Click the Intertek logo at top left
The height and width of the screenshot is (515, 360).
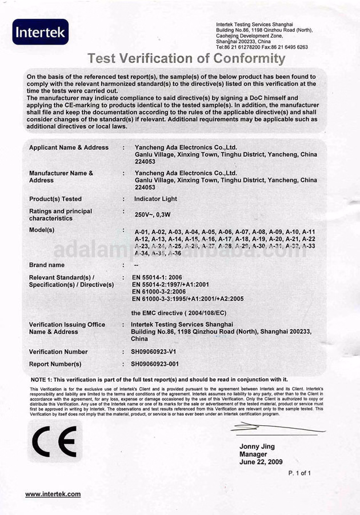point(41,32)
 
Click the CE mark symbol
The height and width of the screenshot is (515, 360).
point(54,442)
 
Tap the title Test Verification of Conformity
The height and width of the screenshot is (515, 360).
point(186,58)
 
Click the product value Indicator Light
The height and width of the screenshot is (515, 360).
point(155,199)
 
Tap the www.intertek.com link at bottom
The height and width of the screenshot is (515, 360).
point(53,494)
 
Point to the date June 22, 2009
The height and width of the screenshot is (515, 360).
point(261,462)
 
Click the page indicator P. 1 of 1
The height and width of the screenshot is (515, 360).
point(299,473)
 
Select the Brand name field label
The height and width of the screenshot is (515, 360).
point(47,265)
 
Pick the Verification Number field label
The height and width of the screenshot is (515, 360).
point(58,352)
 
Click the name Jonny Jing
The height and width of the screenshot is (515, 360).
point(257,446)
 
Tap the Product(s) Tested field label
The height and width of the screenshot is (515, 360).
point(55,199)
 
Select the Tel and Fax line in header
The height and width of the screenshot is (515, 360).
point(262,47)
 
